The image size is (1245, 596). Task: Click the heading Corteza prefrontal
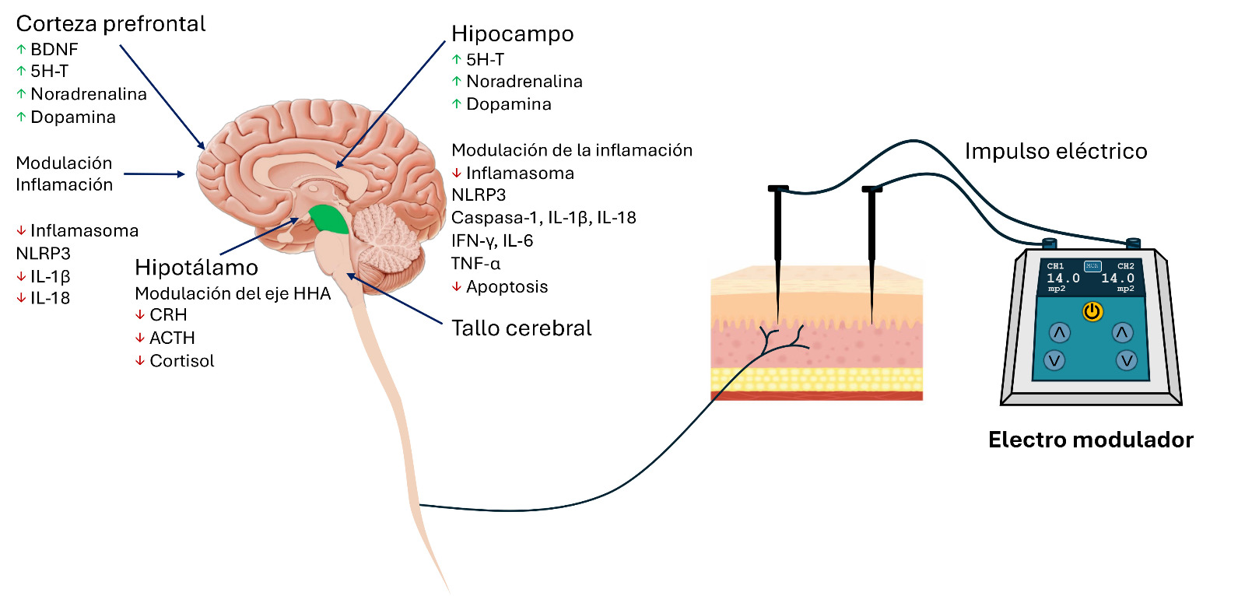point(110,24)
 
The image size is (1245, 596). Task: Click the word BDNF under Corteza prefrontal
point(54,49)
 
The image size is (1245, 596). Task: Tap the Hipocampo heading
point(512,34)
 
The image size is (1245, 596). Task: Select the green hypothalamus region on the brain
point(328,220)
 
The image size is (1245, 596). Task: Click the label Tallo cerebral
point(521,328)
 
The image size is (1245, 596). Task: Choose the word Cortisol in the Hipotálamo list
point(181,361)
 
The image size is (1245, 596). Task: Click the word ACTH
point(172,338)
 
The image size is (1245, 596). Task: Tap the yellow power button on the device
point(1092,312)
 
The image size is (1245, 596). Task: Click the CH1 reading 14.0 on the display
point(1063,278)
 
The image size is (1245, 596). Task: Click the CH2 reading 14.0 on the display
point(1117,278)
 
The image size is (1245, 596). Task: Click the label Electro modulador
point(1090,440)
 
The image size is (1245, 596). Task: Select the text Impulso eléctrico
point(1056,151)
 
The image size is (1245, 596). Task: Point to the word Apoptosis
point(507,287)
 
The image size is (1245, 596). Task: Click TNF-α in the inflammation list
point(475,264)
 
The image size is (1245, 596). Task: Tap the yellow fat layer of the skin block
point(817,380)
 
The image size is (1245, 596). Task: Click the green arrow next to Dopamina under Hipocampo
point(457,104)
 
